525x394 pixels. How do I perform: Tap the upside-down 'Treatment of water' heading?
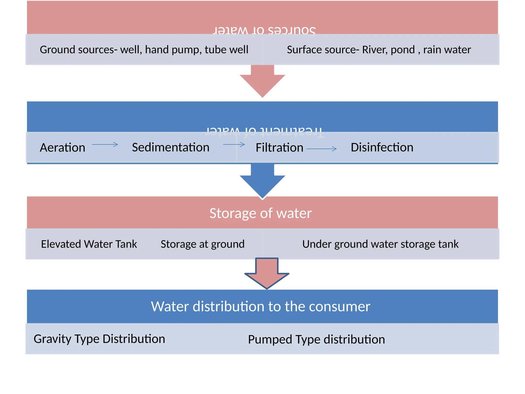pyautogui.click(x=265, y=131)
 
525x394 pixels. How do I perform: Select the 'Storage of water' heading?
pyautogui.click(x=260, y=213)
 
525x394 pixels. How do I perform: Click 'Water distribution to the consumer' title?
pyautogui.click(x=260, y=306)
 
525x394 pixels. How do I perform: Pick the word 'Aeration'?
pyautogui.click(x=62, y=148)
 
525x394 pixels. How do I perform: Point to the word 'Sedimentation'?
pyautogui.click(x=170, y=147)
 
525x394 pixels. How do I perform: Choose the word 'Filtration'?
pyautogui.click(x=279, y=148)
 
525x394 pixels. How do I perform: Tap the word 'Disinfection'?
pyautogui.click(x=382, y=147)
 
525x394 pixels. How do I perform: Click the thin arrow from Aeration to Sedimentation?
pyautogui.click(x=105, y=144)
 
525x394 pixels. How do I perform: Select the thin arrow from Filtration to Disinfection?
pyautogui.click(x=321, y=149)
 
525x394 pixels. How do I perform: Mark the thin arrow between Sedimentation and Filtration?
pyautogui.click(x=234, y=144)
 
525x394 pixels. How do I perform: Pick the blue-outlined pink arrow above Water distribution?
pyautogui.click(x=267, y=274)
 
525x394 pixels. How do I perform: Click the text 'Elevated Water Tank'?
pyautogui.click(x=89, y=244)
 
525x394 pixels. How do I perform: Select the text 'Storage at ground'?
pyautogui.click(x=203, y=244)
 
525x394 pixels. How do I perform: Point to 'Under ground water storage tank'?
pyautogui.click(x=380, y=244)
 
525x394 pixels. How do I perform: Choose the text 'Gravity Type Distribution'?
pyautogui.click(x=99, y=339)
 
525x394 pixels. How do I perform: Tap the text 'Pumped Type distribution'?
pyautogui.click(x=316, y=339)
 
